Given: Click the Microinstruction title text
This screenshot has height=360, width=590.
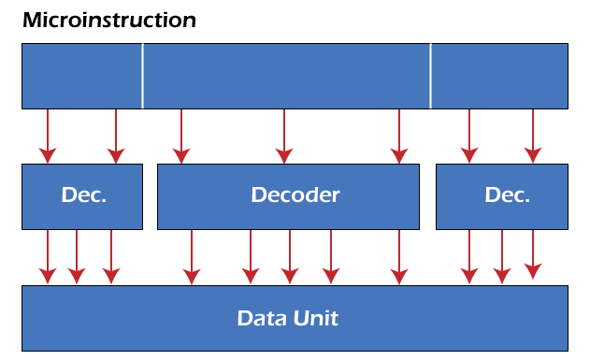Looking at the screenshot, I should pyautogui.click(x=108, y=20).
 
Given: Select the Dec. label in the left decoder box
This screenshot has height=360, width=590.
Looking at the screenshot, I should pyautogui.click(x=83, y=195).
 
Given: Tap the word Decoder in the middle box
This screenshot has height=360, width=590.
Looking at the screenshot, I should pyautogui.click(x=295, y=195).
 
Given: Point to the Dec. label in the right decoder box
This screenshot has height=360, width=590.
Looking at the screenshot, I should pyautogui.click(x=507, y=195).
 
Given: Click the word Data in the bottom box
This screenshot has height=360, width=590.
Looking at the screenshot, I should pyautogui.click(x=258, y=318).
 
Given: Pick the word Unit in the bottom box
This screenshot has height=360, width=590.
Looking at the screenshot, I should pyautogui.click(x=316, y=318).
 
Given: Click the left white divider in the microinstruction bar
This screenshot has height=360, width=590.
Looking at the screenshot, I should pyautogui.click(x=142, y=76).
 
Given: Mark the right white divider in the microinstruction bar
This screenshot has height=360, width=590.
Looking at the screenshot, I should pyautogui.click(x=430, y=76).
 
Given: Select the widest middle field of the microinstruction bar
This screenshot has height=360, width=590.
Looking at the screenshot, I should pyautogui.click(x=286, y=76).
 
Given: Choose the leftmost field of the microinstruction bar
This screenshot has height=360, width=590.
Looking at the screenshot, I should pyautogui.click(x=81, y=76).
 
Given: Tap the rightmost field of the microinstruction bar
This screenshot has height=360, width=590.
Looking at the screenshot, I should pyautogui.click(x=498, y=76).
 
